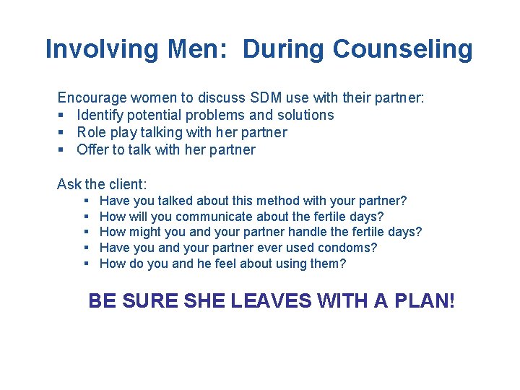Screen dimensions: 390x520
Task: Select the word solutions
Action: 305,115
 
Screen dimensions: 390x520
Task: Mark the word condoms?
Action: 351,248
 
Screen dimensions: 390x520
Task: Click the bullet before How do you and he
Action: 86,264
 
